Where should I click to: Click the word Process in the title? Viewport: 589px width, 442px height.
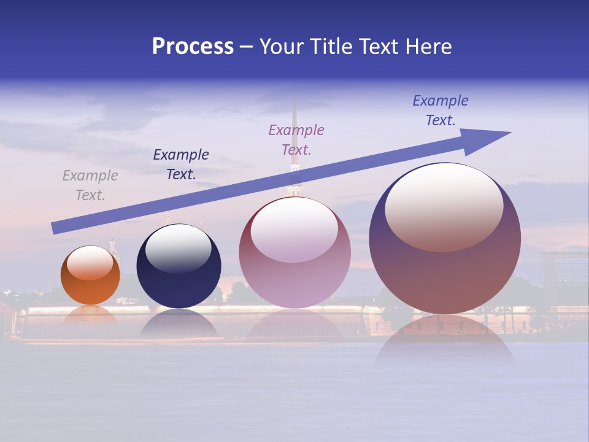pyautogui.click(x=193, y=47)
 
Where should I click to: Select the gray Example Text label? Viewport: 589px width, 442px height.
pyautogui.click(x=90, y=185)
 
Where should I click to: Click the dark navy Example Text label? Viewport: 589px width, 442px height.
pyautogui.click(x=181, y=165)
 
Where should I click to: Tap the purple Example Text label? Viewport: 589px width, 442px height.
pyautogui.click(x=296, y=139)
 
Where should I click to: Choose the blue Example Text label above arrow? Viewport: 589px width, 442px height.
pyautogui.click(x=441, y=110)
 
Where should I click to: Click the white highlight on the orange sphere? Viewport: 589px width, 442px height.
pyautogui.click(x=90, y=263)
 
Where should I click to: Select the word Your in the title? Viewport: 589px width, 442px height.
pyautogui.click(x=282, y=47)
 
